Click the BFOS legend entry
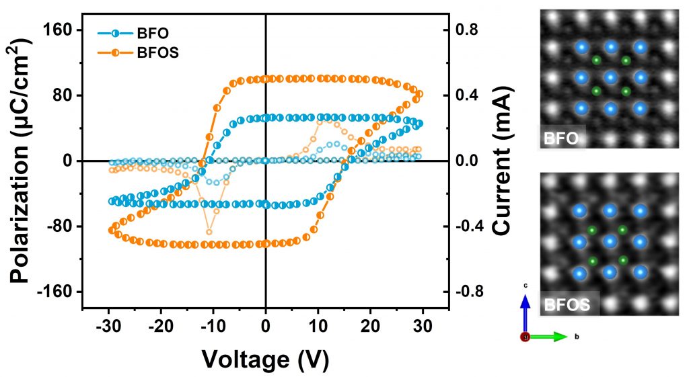141,52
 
